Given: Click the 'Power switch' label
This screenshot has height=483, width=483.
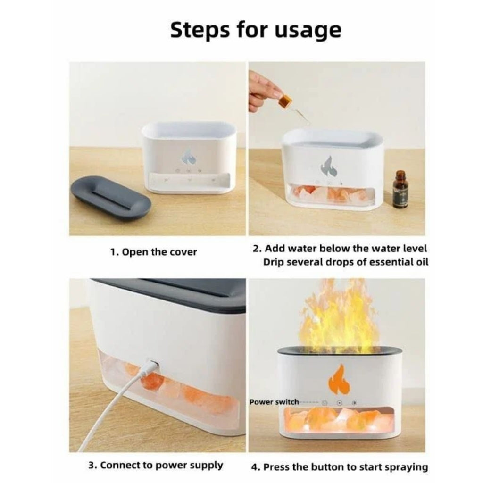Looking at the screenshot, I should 274,402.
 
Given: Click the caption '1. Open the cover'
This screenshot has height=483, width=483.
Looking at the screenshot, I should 154,252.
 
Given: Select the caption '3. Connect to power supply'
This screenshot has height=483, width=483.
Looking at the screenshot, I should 156,465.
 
